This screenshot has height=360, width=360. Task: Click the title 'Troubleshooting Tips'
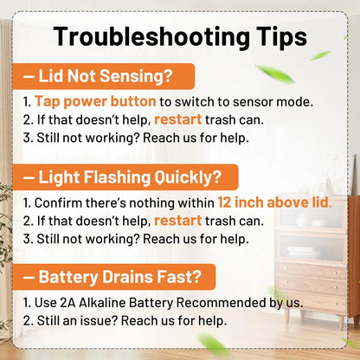tap(180, 37)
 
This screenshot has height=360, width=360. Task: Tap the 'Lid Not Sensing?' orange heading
tap(103, 76)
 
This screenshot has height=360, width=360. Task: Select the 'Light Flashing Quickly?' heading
tap(125, 177)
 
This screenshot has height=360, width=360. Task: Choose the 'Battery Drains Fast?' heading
tap(114, 277)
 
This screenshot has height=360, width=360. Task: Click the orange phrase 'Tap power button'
tap(95, 101)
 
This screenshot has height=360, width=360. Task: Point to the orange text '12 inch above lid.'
tap(274, 202)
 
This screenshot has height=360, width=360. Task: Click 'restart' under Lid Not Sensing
tap(178, 119)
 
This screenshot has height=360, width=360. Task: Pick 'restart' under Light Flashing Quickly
tap(178, 221)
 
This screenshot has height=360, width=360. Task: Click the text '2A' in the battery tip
tap(67, 303)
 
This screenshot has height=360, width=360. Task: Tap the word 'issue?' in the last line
tap(99, 321)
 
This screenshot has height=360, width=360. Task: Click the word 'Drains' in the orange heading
tap(127, 277)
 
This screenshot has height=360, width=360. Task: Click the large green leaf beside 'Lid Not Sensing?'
tap(274, 74)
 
